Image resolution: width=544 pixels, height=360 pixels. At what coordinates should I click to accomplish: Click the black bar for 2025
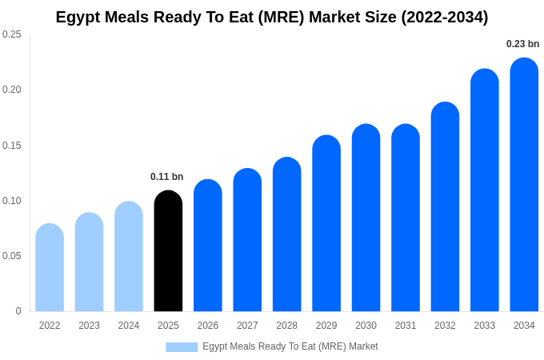[168, 251]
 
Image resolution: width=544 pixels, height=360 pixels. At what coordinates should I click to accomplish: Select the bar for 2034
[524, 185]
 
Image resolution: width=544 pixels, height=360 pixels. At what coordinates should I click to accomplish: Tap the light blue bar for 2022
[50, 268]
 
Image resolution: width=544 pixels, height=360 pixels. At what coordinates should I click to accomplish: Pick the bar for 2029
[326, 223]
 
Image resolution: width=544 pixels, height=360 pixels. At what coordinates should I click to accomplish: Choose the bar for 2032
[445, 207]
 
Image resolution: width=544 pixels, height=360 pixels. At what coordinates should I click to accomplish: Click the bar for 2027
[247, 240]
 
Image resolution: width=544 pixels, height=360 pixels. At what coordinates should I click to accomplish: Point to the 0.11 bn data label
[166, 177]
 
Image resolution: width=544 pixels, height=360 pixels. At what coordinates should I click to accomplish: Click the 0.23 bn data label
[522, 44]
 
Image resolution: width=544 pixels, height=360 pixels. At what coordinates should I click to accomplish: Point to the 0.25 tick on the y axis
[12, 34]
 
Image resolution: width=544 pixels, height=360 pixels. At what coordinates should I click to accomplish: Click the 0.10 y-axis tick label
[12, 201]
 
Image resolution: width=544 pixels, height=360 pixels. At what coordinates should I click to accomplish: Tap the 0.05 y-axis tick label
[12, 256]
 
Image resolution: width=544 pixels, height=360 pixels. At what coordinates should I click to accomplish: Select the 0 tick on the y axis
[18, 311]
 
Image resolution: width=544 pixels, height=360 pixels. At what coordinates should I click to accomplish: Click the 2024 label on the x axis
[129, 326]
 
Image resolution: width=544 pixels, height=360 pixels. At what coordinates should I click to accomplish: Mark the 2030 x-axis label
[366, 326]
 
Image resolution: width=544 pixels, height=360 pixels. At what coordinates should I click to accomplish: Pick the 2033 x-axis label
[485, 326]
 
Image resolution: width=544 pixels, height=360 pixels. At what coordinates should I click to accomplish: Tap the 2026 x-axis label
[208, 326]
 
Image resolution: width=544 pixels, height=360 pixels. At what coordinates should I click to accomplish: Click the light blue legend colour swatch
[182, 347]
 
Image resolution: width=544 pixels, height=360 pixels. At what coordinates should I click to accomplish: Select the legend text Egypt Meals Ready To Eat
[290, 346]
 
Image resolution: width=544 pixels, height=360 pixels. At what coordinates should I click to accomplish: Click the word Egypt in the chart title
[78, 17]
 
